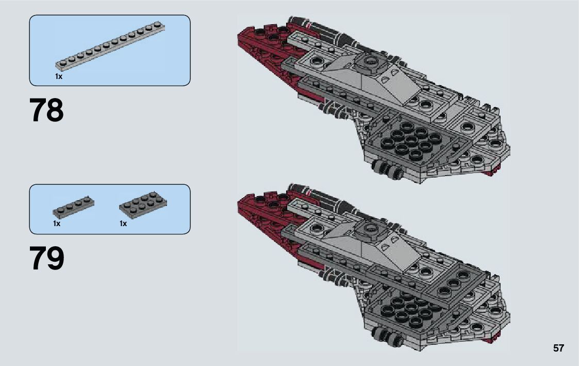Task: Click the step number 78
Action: (47, 110)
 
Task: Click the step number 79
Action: (47, 259)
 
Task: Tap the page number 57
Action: (558, 348)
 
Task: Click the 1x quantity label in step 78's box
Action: (58, 76)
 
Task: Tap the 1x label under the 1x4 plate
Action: (56, 224)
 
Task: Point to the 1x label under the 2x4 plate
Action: (123, 224)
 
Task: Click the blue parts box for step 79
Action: (110, 209)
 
